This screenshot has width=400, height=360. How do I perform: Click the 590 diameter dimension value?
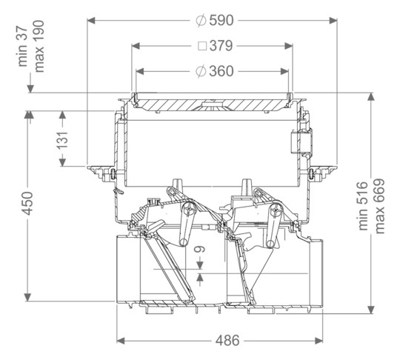221,21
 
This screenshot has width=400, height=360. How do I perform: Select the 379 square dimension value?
221,46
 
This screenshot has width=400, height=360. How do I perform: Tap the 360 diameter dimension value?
221,71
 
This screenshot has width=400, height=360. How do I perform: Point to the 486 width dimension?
227,340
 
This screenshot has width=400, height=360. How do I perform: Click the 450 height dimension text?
27,204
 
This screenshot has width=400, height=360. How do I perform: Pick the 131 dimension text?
62,140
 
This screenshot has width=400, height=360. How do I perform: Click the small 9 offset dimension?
200,249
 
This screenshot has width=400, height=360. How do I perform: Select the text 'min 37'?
22,47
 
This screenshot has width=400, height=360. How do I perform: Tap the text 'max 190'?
39,47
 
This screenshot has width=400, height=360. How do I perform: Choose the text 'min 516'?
363,206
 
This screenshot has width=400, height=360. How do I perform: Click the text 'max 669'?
379,206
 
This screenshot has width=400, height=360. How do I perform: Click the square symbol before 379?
202,46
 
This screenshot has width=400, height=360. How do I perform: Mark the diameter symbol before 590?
201,21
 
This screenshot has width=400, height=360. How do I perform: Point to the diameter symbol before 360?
201,71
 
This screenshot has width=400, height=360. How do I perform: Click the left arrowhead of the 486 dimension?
121,340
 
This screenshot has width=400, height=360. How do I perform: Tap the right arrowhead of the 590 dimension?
333,21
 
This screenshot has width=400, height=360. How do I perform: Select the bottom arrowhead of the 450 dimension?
27,297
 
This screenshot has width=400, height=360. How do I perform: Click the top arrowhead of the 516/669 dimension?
371,97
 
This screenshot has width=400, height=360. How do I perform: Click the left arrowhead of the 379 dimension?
136,46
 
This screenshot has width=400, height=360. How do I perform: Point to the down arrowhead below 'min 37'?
30,89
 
